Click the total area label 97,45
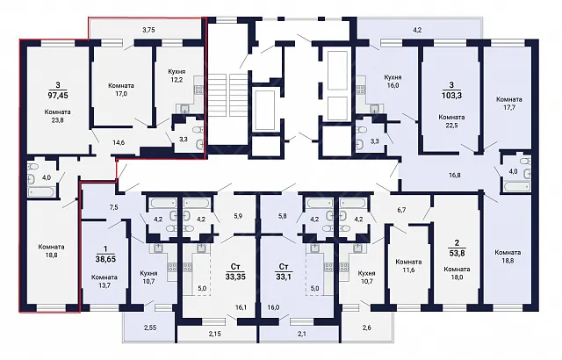(58, 96)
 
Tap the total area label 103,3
(451, 96)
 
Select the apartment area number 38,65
(104, 259)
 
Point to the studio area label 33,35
(235, 277)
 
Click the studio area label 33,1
(284, 277)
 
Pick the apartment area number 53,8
(457, 253)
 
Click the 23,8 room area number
(57, 120)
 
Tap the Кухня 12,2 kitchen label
(177, 76)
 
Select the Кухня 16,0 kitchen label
(393, 82)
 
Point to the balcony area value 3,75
(148, 30)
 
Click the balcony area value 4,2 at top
(417, 30)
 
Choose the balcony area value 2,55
(150, 327)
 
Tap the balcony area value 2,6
(367, 327)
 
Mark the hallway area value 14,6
(119, 142)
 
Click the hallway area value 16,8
(455, 175)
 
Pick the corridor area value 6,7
(401, 210)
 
